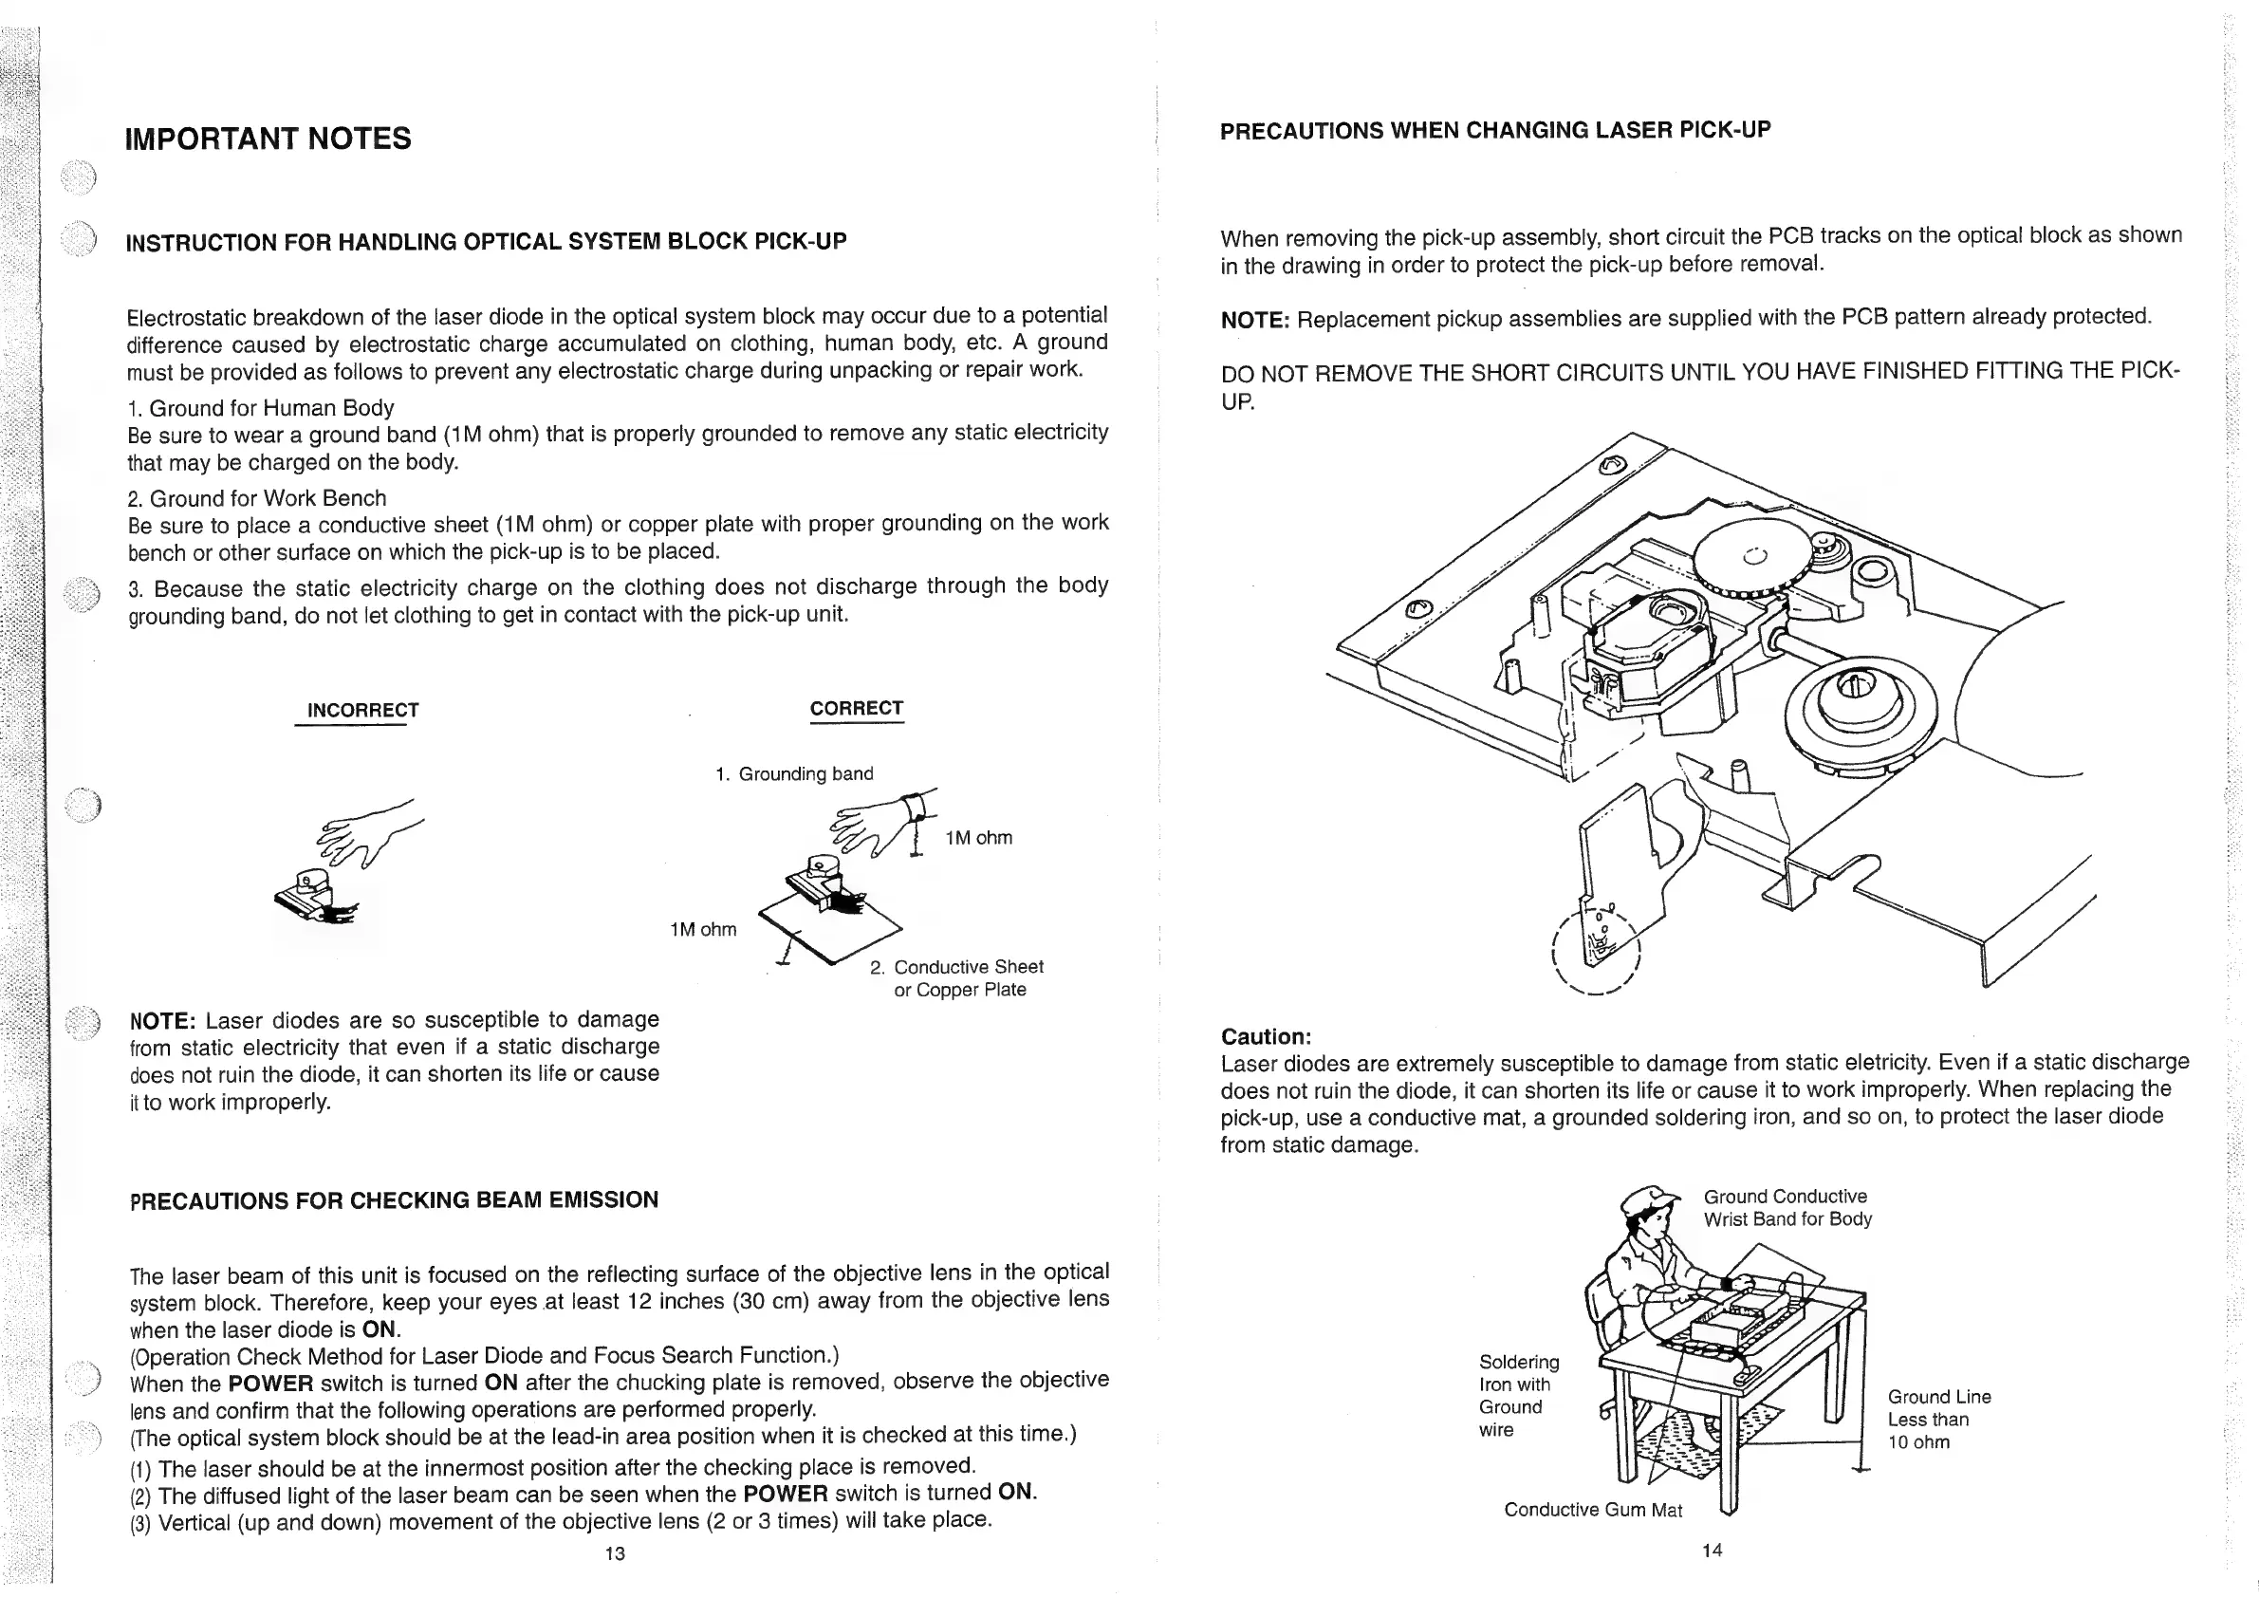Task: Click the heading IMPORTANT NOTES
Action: point(268,139)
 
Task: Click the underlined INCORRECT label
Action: point(362,711)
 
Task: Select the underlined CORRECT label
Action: point(856,709)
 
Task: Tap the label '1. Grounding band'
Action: point(795,774)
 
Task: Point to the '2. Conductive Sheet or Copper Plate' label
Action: point(958,978)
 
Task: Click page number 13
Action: point(615,1553)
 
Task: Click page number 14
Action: point(1712,1551)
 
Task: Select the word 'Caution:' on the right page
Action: point(1266,1036)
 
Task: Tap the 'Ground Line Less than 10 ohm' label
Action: point(1938,1420)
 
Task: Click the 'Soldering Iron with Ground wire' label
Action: point(1518,1396)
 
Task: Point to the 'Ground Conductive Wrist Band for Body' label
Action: point(1787,1208)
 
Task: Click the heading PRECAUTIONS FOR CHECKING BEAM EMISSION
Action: point(394,1200)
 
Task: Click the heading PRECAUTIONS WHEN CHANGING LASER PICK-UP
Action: point(1494,131)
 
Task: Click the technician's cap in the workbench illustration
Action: point(1649,1199)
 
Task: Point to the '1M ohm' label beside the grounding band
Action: point(978,838)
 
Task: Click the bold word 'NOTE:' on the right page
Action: point(1254,321)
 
